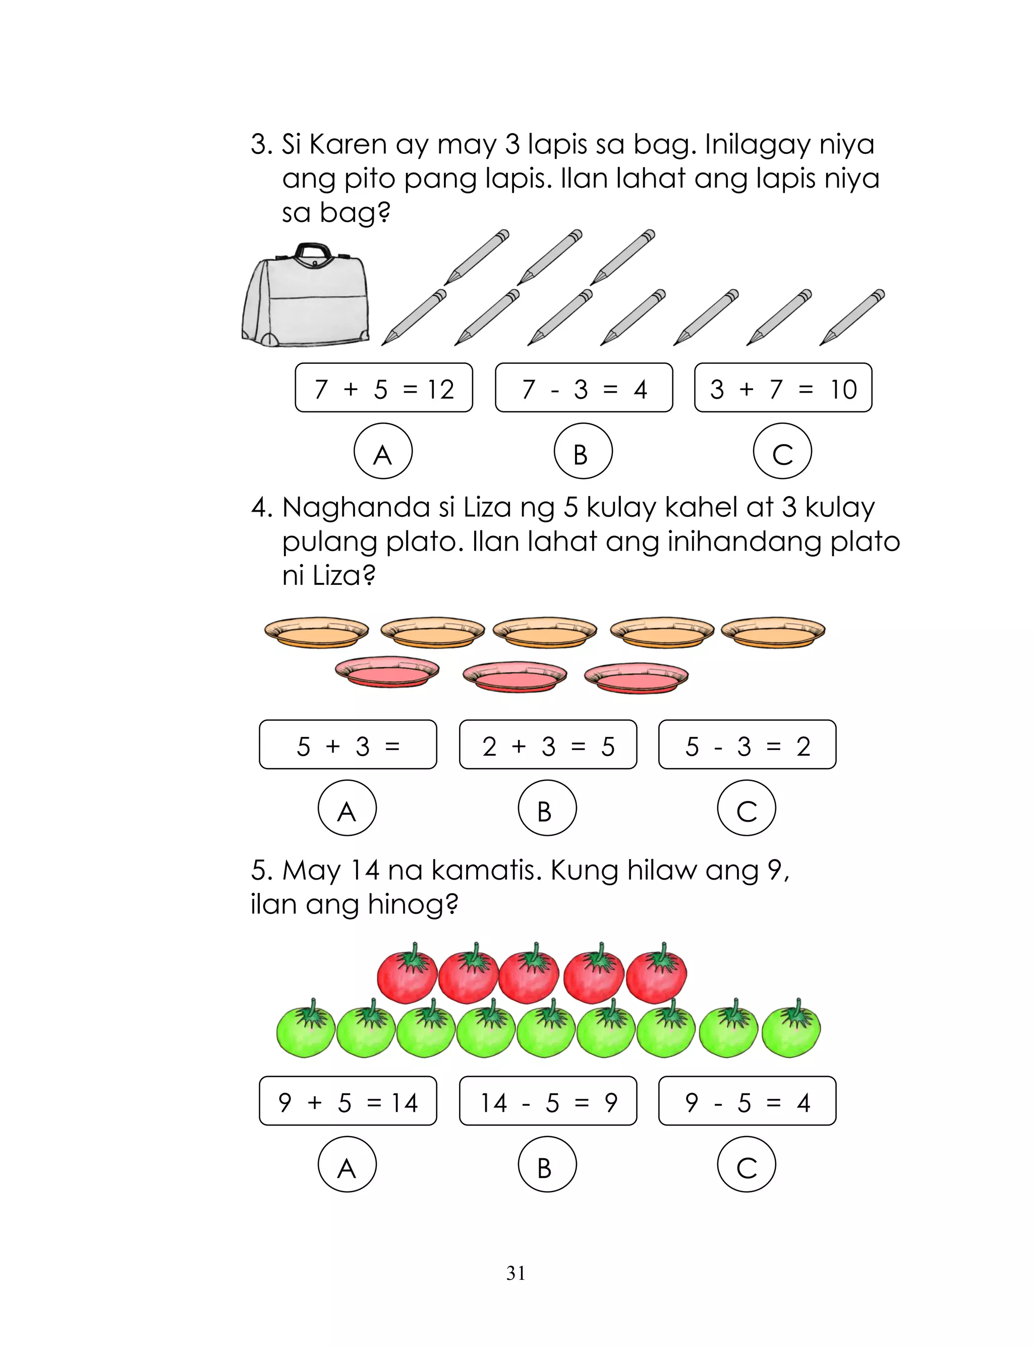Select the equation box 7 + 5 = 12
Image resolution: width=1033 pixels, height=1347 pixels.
[x=384, y=388]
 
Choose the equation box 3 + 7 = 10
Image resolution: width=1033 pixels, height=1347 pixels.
[x=783, y=388]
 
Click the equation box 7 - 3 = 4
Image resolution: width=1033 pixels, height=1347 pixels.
[x=584, y=388]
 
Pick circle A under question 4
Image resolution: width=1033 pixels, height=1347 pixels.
[x=347, y=807]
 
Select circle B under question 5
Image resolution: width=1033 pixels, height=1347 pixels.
[x=547, y=1164]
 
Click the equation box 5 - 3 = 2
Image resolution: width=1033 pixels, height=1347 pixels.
[x=747, y=745]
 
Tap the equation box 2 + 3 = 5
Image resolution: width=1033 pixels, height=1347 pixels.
[x=548, y=745]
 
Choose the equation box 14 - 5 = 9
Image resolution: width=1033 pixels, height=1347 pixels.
[x=548, y=1101]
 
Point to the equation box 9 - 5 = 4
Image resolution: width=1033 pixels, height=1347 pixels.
[x=747, y=1101]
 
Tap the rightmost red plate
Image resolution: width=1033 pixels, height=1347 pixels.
[x=636, y=677]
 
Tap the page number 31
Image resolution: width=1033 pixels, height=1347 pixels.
[x=516, y=1273]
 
